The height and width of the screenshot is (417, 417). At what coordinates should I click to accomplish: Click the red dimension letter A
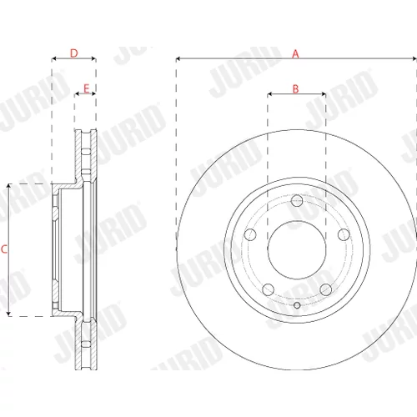click(x=295, y=53)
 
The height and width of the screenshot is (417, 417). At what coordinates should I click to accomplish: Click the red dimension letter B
click(x=295, y=89)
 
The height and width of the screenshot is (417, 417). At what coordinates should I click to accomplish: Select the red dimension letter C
click(x=4, y=249)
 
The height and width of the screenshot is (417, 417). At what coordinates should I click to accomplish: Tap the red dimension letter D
click(x=74, y=53)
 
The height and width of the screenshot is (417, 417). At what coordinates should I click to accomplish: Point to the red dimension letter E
click(x=86, y=89)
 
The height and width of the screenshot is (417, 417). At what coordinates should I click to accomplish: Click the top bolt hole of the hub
click(x=297, y=201)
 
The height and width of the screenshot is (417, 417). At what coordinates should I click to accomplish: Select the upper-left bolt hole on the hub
click(x=250, y=234)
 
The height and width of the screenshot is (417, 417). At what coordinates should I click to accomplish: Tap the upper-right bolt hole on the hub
click(x=344, y=234)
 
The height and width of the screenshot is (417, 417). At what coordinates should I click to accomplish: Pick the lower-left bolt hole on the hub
click(x=268, y=289)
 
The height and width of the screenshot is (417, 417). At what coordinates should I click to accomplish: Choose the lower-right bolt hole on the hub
click(x=326, y=289)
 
